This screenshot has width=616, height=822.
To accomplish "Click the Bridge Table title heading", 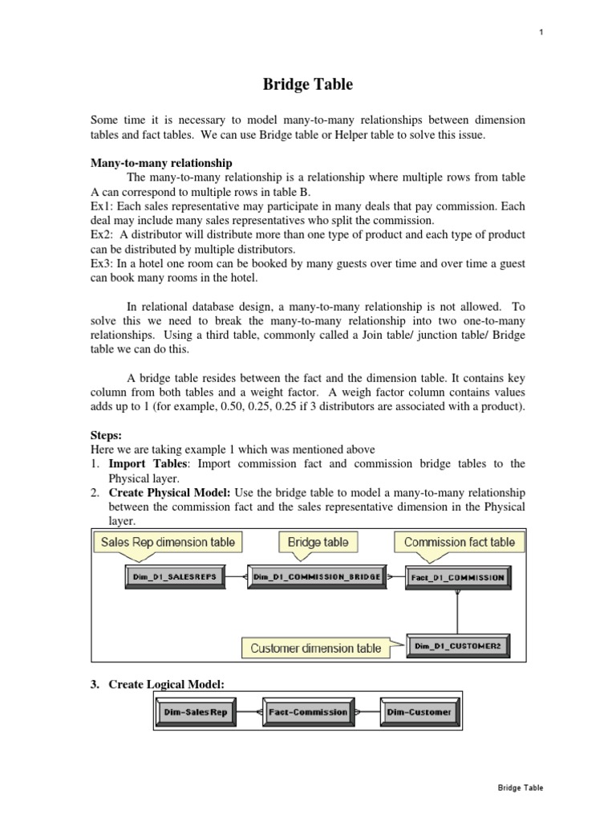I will coord(307,83).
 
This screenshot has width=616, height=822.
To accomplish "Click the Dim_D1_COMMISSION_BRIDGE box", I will coord(317,576).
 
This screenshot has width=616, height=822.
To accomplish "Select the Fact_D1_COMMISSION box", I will coord(457,576).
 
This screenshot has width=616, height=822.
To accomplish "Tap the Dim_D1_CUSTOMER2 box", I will coord(457,645).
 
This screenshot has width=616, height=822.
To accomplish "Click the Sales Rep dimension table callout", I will coord(168,542).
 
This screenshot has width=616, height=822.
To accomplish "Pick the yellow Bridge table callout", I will coord(318,542).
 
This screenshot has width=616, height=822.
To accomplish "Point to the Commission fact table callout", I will coord(460,542).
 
